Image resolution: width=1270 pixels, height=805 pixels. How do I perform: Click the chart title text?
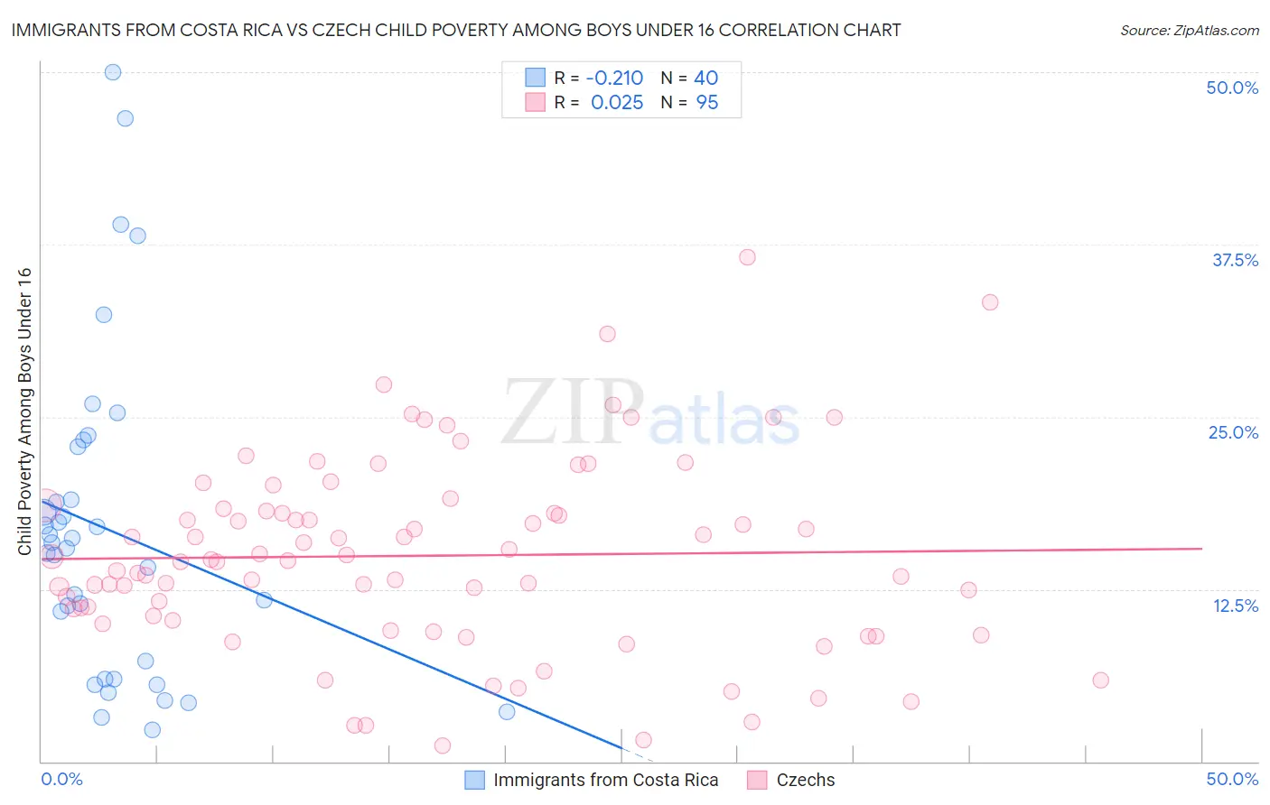(x=456, y=31)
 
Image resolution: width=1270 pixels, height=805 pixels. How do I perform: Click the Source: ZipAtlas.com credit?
(x=1189, y=31)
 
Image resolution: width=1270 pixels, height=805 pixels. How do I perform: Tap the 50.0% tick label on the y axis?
(x=1232, y=88)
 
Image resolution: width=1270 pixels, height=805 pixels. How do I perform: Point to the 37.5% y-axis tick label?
(x=1235, y=260)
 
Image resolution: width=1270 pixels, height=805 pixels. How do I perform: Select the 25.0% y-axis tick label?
(x=1233, y=432)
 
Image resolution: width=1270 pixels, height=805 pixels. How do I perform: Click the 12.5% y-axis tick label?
(x=1235, y=606)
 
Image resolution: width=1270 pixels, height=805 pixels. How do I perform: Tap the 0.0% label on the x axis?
(x=61, y=779)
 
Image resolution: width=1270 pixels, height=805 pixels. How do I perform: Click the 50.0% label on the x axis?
(x=1232, y=779)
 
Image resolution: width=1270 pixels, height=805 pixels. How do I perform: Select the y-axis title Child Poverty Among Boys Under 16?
(x=24, y=412)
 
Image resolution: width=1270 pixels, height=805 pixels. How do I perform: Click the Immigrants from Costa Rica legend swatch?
(x=475, y=780)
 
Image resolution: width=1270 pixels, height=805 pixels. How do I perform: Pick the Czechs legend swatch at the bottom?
(x=757, y=780)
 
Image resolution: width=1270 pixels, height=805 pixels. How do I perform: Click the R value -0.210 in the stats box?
(x=614, y=79)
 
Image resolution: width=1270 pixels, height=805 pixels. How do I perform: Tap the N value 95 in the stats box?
(x=707, y=103)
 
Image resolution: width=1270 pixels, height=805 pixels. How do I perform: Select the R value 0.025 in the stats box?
(x=617, y=103)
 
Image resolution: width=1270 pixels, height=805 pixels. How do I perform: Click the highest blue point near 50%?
(x=113, y=72)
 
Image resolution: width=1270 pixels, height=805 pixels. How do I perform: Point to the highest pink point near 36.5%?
(x=747, y=257)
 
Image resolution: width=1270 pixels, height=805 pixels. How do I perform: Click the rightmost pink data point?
(x=1100, y=680)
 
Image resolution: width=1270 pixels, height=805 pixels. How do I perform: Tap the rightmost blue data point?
(x=507, y=712)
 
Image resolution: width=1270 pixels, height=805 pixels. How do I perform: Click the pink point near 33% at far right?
(x=990, y=302)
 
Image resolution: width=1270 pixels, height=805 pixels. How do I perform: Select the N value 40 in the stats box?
(x=705, y=79)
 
